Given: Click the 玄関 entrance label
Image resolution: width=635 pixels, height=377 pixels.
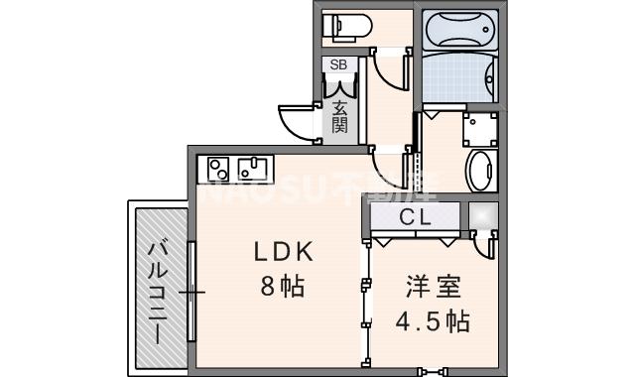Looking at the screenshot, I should (339, 118).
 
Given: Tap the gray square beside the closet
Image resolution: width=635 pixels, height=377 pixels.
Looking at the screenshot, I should (483, 216).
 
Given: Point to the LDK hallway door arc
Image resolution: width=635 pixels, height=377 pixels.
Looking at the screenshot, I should (392, 164).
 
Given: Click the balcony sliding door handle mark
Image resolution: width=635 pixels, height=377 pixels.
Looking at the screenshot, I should (191, 293).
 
